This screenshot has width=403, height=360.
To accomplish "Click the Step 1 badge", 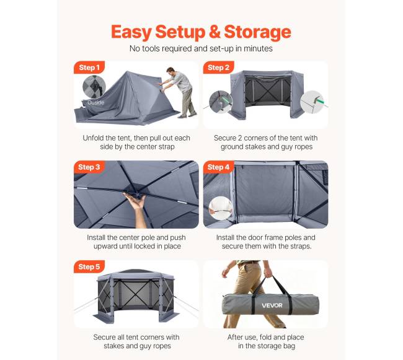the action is (89, 68).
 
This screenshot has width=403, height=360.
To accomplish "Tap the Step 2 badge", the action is (218, 68).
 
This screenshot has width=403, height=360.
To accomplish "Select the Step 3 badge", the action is (89, 167).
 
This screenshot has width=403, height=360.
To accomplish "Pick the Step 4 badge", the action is (218, 167).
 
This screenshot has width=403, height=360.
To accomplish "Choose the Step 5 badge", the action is (89, 267).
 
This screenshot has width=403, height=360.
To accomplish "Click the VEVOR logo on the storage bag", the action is (272, 305).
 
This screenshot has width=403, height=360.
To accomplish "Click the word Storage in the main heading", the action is (257, 32).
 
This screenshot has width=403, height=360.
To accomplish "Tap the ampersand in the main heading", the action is (215, 32).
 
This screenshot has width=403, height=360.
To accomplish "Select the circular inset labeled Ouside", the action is (94, 87).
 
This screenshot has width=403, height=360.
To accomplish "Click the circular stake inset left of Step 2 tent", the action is (221, 102).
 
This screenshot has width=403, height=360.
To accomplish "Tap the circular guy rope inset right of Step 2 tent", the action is (312, 102).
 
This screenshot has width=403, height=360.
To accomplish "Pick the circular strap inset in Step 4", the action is (221, 208).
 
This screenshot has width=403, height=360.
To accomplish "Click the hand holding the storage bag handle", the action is (268, 273).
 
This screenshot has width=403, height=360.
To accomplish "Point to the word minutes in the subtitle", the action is (258, 48).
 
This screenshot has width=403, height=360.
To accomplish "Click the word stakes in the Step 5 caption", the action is (115, 346).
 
